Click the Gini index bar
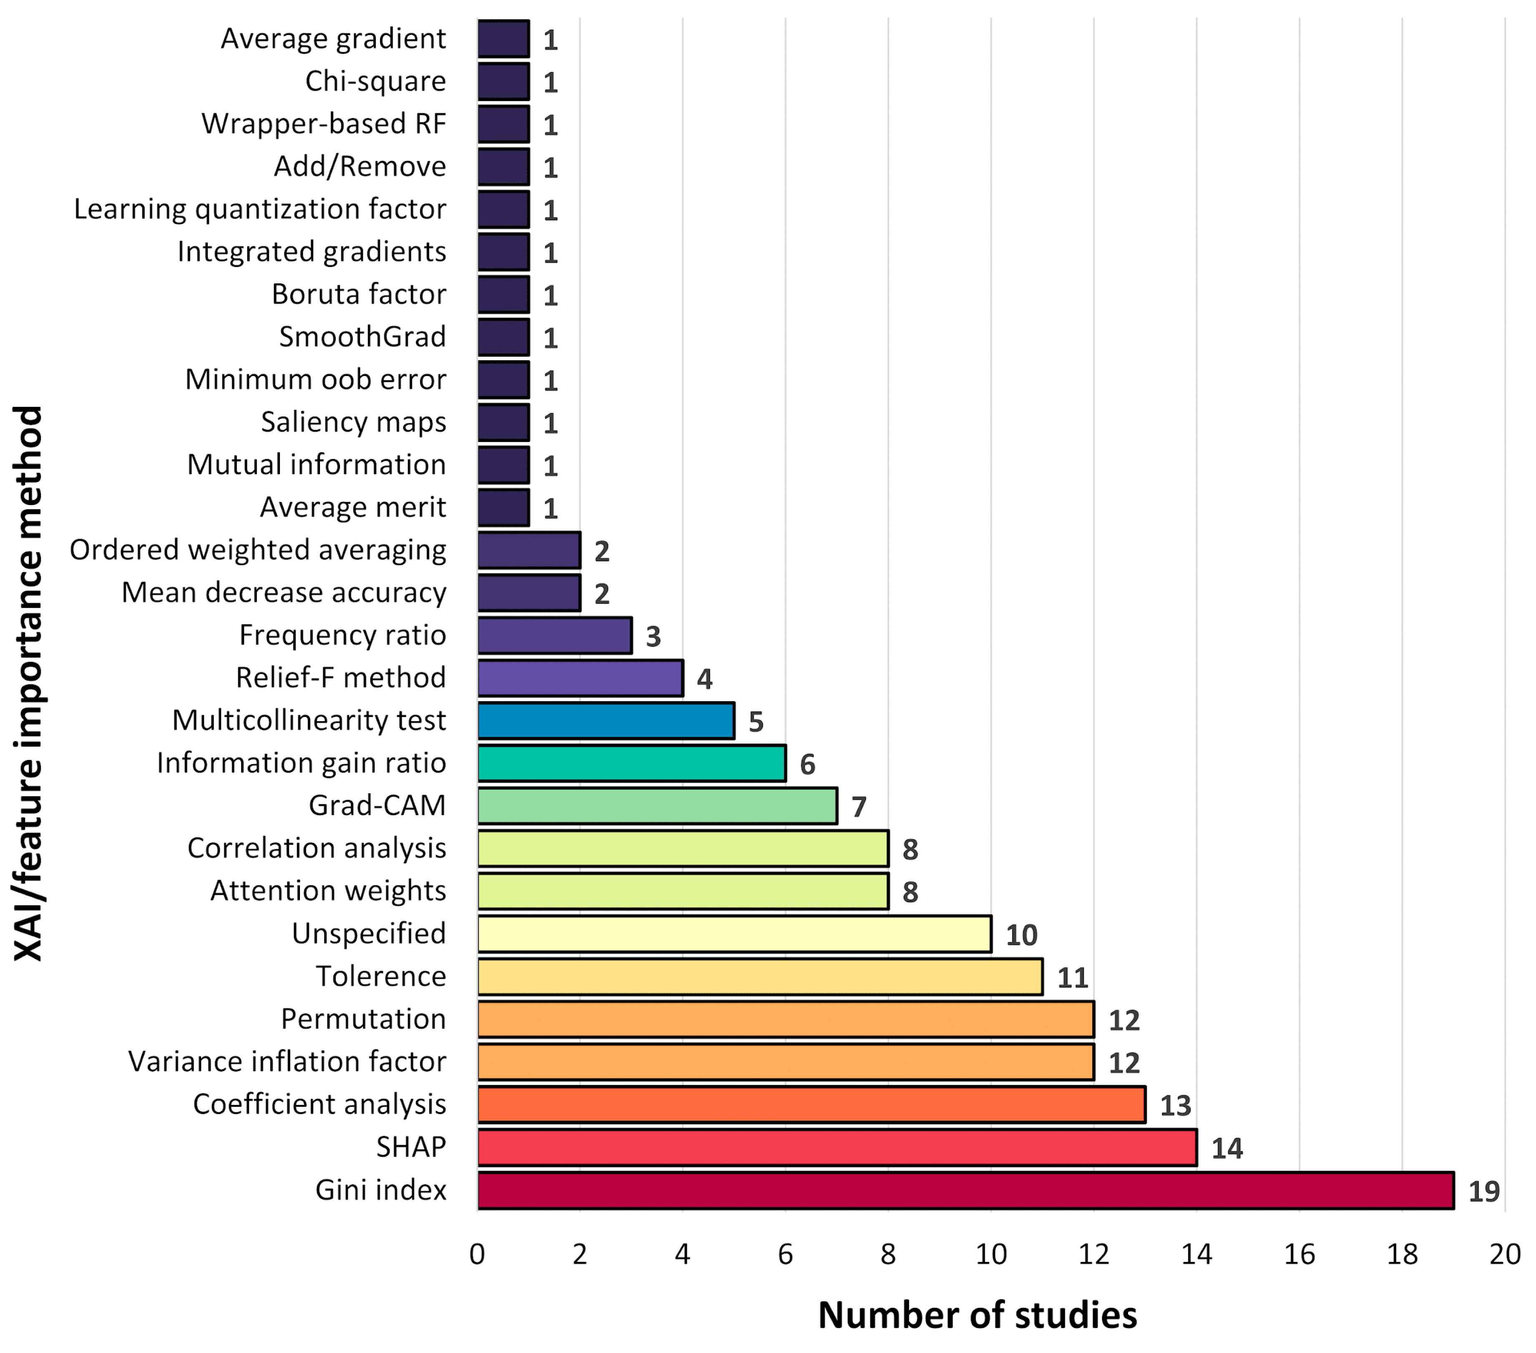point(966,1190)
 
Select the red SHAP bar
point(837,1147)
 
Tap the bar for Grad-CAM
point(657,806)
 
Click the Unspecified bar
point(734,934)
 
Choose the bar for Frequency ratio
point(554,635)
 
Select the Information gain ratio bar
point(631,763)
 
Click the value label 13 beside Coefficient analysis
point(1175,1106)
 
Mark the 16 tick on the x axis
point(1299,1255)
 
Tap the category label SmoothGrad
point(362,337)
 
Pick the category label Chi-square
point(375,81)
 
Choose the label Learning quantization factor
point(260,209)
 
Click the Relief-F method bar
point(580,678)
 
